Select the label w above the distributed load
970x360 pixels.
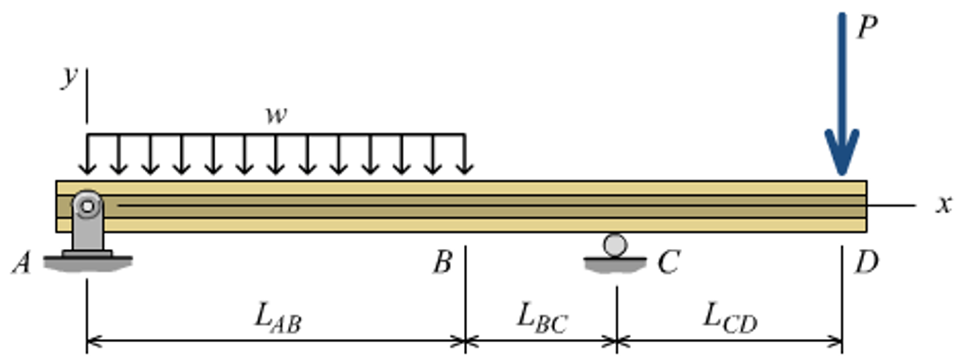(x=276, y=116)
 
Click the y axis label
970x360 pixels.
(x=69, y=78)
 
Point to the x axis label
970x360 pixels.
(x=943, y=204)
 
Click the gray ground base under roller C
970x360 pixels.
(x=616, y=264)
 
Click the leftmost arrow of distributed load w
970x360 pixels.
(x=87, y=156)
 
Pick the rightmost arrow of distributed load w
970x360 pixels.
(x=464, y=156)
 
